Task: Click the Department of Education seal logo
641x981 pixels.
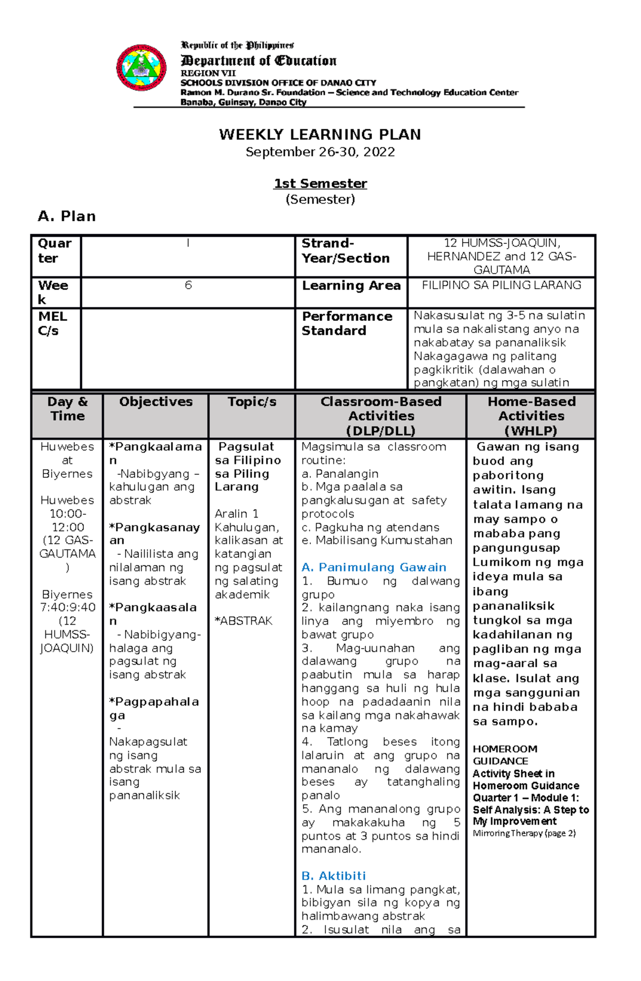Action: (142, 68)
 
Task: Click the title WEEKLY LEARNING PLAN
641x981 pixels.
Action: (320, 134)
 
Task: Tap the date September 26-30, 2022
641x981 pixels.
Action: (320, 152)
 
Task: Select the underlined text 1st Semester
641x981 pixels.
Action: (320, 184)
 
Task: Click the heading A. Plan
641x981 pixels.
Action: (67, 216)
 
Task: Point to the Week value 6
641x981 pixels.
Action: (188, 285)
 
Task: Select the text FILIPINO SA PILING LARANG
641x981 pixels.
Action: (501, 285)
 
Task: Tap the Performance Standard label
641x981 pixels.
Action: (347, 323)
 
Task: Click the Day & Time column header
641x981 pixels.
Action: (67, 409)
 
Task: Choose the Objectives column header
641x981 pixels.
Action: (155, 402)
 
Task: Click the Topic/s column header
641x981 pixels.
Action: (252, 402)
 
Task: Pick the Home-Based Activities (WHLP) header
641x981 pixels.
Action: (531, 416)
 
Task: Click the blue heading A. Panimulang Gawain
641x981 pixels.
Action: (373, 567)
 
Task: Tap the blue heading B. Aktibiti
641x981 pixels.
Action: (333, 876)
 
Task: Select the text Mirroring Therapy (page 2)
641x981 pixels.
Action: (524, 833)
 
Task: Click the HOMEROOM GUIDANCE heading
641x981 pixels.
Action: (505, 755)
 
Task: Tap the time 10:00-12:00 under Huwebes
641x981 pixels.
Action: (67, 521)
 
